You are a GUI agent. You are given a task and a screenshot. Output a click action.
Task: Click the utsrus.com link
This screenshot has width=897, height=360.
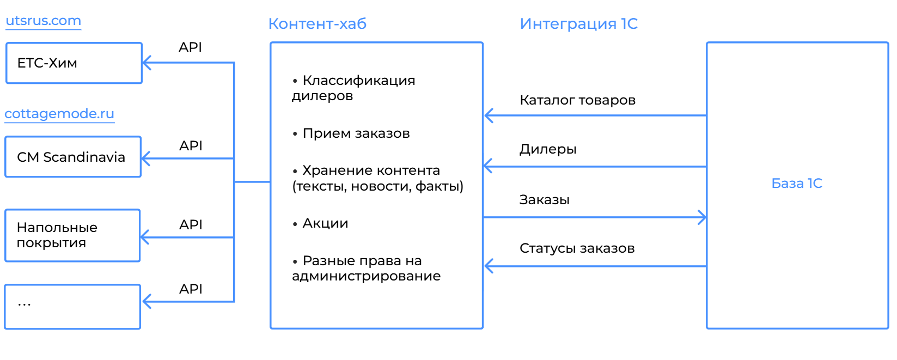coord(43,20)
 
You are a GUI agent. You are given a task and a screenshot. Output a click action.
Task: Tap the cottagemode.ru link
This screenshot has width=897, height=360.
coord(59,114)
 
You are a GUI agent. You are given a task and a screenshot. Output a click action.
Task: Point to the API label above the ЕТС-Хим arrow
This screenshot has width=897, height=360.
coord(190,47)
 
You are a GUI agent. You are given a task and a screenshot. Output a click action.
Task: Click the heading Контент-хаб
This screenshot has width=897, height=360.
coord(317,23)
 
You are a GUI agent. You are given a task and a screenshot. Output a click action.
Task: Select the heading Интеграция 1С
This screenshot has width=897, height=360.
coord(578,23)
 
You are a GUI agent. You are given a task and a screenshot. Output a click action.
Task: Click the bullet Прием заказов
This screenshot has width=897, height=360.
coord(351,133)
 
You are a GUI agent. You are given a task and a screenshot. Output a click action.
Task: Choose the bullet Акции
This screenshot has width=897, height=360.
coord(320,223)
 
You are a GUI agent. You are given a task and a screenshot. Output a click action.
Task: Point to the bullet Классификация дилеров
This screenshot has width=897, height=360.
coord(353,88)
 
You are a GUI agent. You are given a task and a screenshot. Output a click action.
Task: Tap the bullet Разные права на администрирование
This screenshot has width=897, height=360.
coord(366,269)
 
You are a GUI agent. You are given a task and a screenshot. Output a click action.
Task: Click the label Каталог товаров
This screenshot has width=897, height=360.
coord(577,100)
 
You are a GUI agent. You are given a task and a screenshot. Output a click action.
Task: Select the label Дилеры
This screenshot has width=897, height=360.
coord(548,149)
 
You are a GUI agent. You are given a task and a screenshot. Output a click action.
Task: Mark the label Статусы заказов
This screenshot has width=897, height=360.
coord(577,248)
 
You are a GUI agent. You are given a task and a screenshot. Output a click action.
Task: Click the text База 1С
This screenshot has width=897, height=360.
coord(796,184)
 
